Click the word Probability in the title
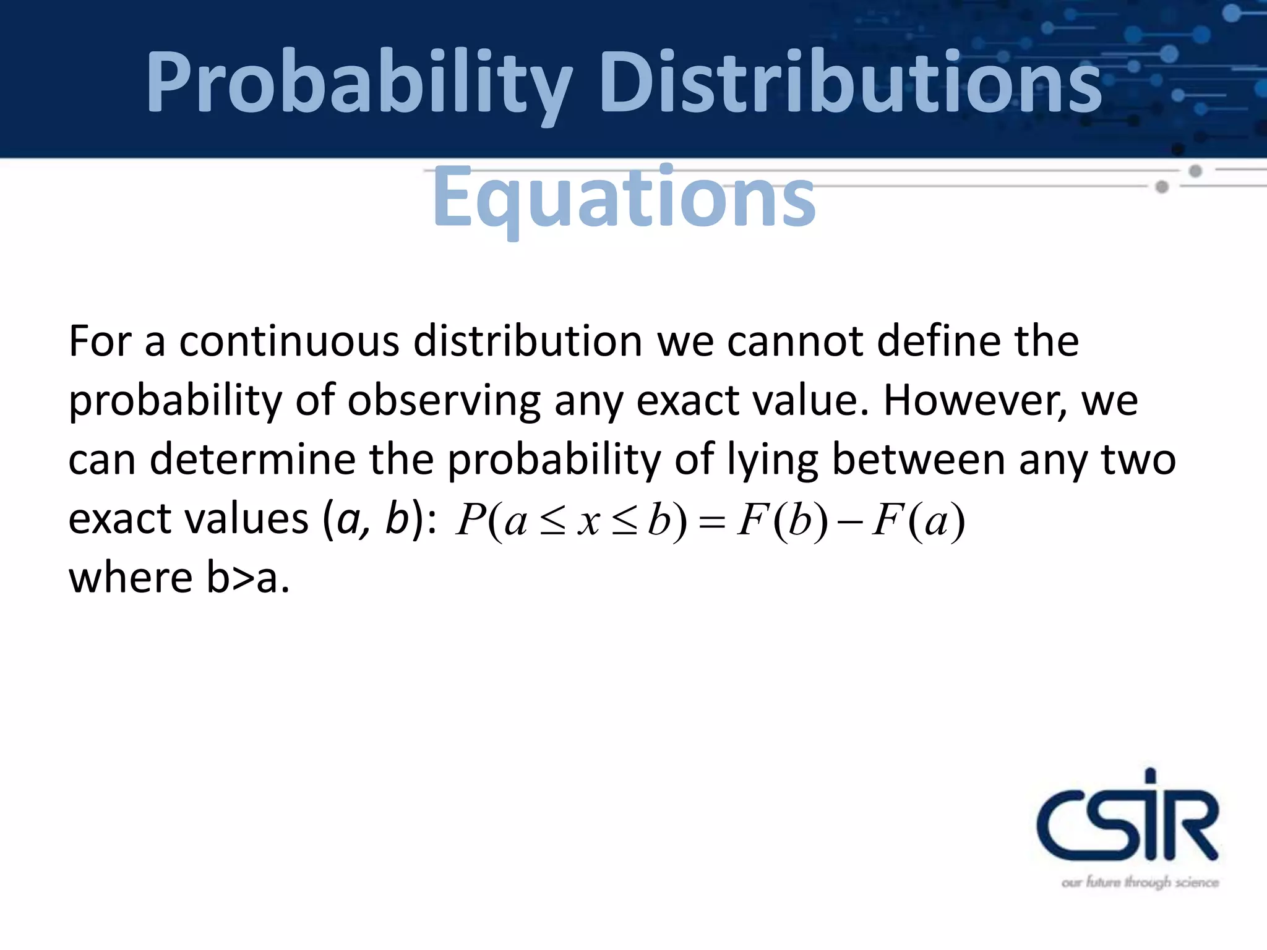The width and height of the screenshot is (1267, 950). click(x=359, y=83)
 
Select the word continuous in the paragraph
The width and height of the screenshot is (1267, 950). click(x=289, y=341)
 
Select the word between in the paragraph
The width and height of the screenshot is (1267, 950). click(x=919, y=460)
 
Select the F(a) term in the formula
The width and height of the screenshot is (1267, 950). click(x=918, y=520)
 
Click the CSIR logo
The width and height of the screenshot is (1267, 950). click(x=1127, y=816)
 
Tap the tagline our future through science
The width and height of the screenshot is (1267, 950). click(x=1140, y=883)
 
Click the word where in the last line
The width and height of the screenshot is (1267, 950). click(x=131, y=578)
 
